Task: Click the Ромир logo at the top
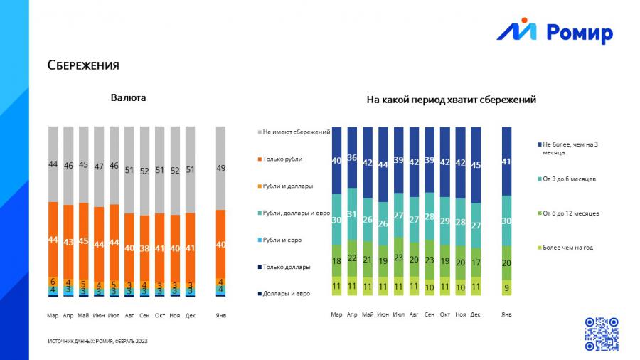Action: pos(554,31)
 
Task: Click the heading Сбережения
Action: pos(83,65)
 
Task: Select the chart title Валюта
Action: pos(128,97)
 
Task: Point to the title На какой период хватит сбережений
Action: pos(451,100)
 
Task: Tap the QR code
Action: pos(601,334)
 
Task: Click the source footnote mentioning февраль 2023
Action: pos(97,342)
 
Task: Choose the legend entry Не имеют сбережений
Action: pos(293,132)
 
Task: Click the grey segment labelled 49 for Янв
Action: pos(220,168)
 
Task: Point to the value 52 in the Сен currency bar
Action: pos(144,171)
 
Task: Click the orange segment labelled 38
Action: pos(144,249)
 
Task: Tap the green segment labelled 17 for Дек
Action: pos(476,262)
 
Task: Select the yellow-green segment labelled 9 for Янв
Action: pos(506,287)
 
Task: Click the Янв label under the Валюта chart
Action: pos(220,314)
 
